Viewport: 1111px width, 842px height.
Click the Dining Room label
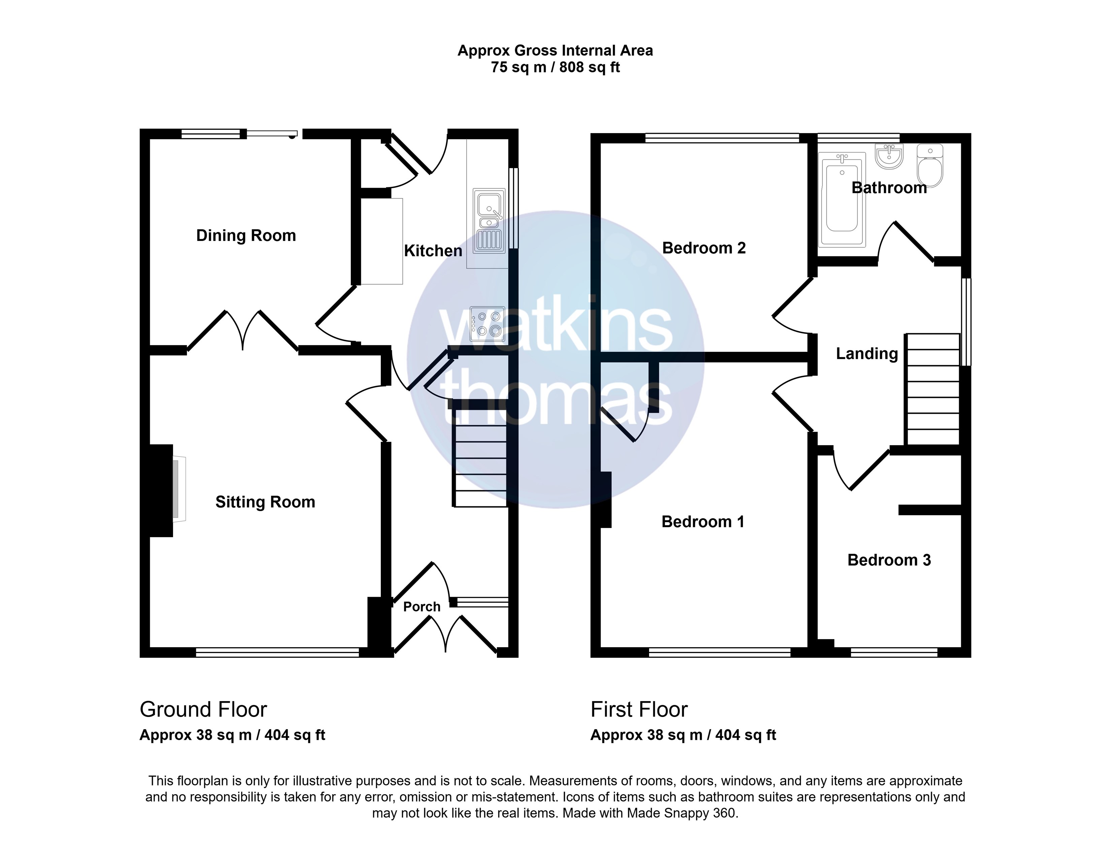(x=246, y=236)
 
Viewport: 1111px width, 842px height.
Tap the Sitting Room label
(x=265, y=502)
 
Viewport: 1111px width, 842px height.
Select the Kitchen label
(x=433, y=251)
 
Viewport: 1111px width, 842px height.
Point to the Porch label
(x=422, y=607)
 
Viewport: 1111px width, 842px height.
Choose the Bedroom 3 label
(x=889, y=560)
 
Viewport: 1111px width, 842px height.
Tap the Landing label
(x=867, y=354)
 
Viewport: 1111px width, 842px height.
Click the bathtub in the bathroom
(x=842, y=199)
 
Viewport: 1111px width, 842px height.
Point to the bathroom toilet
(x=930, y=165)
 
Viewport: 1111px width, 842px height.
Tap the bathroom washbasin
(x=889, y=156)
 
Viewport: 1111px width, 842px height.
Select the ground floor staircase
(x=480, y=458)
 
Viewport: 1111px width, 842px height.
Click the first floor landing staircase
(x=932, y=389)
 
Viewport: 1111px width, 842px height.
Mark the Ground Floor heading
(x=203, y=709)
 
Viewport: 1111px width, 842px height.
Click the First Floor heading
(x=639, y=709)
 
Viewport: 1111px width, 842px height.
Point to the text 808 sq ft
(x=590, y=67)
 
